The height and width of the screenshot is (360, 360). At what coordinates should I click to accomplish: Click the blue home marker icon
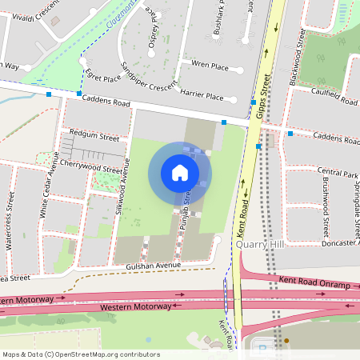[x=180, y=173]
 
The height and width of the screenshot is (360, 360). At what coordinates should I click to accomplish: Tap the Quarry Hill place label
[x=259, y=247]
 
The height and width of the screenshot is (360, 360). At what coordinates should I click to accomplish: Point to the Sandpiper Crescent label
[x=148, y=74]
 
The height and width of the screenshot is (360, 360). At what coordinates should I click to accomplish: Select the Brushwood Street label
[x=326, y=204]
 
